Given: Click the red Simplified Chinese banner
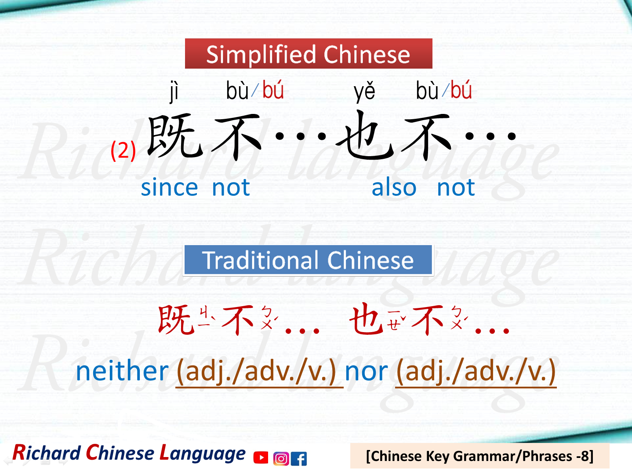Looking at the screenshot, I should (x=309, y=54).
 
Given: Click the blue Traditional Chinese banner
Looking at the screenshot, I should (x=308, y=260).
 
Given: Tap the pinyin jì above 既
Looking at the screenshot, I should (x=174, y=91).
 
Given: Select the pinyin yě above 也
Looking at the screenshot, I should (x=364, y=91).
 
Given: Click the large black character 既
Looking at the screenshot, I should (x=175, y=136).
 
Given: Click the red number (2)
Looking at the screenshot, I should (x=123, y=150).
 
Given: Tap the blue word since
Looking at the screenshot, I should (x=169, y=188).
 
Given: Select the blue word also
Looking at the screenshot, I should (x=394, y=188).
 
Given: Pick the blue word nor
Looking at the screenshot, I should (x=366, y=372).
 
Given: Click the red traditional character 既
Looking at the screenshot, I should (x=176, y=320).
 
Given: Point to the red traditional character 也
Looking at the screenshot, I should (x=366, y=319).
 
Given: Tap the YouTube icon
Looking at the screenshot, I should (x=261, y=458).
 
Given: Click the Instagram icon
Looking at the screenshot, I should (x=281, y=459).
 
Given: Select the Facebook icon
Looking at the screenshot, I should (x=299, y=459).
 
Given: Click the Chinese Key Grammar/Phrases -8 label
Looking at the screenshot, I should (x=479, y=456).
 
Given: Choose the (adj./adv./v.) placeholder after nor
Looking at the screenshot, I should (x=476, y=372).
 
